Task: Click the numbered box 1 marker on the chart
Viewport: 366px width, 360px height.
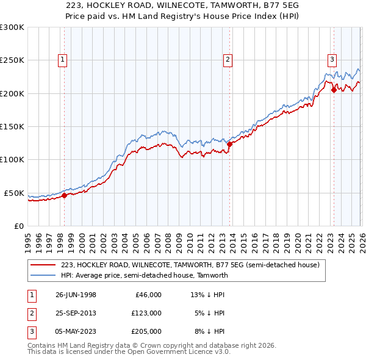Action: [x=63, y=60]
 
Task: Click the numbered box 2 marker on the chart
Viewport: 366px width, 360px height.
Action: [x=228, y=60]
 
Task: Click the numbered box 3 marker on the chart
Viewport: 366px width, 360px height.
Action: [x=332, y=60]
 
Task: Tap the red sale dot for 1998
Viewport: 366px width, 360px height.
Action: [x=65, y=196]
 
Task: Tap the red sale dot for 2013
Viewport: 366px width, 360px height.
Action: [x=229, y=145]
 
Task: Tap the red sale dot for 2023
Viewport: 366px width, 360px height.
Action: [x=334, y=90]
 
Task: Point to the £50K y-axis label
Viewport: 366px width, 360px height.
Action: [x=13, y=193]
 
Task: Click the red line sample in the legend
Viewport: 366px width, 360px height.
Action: [x=43, y=265]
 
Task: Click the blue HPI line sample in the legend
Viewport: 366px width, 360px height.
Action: [x=43, y=275]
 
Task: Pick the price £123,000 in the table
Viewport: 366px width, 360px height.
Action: [x=146, y=313]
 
